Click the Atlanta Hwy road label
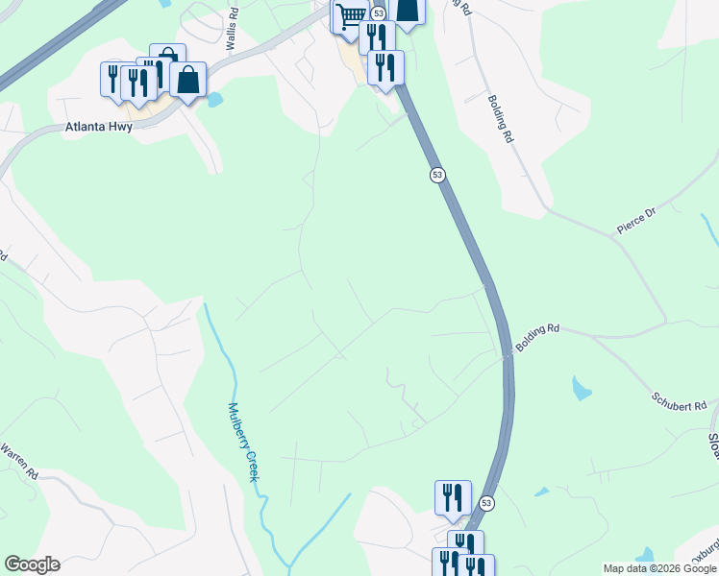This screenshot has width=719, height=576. [99, 126]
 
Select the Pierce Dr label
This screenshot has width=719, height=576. [635, 224]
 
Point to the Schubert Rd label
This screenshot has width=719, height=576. [679, 400]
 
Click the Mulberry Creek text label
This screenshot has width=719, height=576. [242, 442]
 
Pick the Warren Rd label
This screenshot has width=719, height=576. [18, 461]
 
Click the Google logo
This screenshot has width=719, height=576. [32, 564]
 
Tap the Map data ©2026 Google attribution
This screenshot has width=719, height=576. [659, 568]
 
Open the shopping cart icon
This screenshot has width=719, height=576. [351, 16]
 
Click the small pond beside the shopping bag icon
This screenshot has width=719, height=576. [214, 99]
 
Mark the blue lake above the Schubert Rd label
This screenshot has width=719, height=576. [581, 388]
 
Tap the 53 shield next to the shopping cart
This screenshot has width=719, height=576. [379, 13]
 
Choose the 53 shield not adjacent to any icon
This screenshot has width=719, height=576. [437, 175]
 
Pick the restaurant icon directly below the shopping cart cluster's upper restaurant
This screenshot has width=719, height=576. [385, 68]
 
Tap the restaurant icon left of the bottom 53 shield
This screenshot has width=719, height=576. [453, 497]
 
